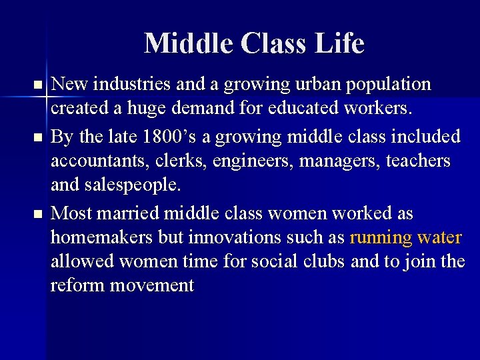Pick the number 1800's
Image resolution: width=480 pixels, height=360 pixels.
154,137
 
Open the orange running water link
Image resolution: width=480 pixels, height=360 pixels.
405,238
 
